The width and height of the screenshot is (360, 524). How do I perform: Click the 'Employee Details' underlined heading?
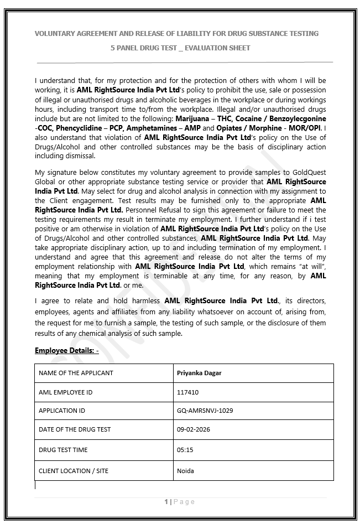66,351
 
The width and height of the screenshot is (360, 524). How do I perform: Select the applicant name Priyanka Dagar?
199,373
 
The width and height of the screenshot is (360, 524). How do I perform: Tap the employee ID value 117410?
187,392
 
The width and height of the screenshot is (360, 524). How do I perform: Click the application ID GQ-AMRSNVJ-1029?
205,411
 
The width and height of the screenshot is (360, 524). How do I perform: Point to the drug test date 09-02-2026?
193,429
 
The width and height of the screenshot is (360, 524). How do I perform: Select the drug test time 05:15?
185,450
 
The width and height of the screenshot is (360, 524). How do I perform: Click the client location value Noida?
185,471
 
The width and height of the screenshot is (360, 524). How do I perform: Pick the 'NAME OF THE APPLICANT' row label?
76,373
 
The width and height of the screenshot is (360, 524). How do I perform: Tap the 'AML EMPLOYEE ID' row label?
65,392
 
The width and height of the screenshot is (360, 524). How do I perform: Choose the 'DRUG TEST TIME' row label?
63,450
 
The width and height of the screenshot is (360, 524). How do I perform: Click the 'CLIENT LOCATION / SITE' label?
74,471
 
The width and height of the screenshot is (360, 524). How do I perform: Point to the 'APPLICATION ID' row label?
62,411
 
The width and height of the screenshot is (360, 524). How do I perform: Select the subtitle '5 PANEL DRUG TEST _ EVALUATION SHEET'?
180,48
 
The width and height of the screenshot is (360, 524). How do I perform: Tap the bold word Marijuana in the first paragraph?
192,119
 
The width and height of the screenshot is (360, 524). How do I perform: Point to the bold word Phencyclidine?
74,128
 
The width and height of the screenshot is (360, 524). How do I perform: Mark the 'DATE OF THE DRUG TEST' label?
75,429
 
